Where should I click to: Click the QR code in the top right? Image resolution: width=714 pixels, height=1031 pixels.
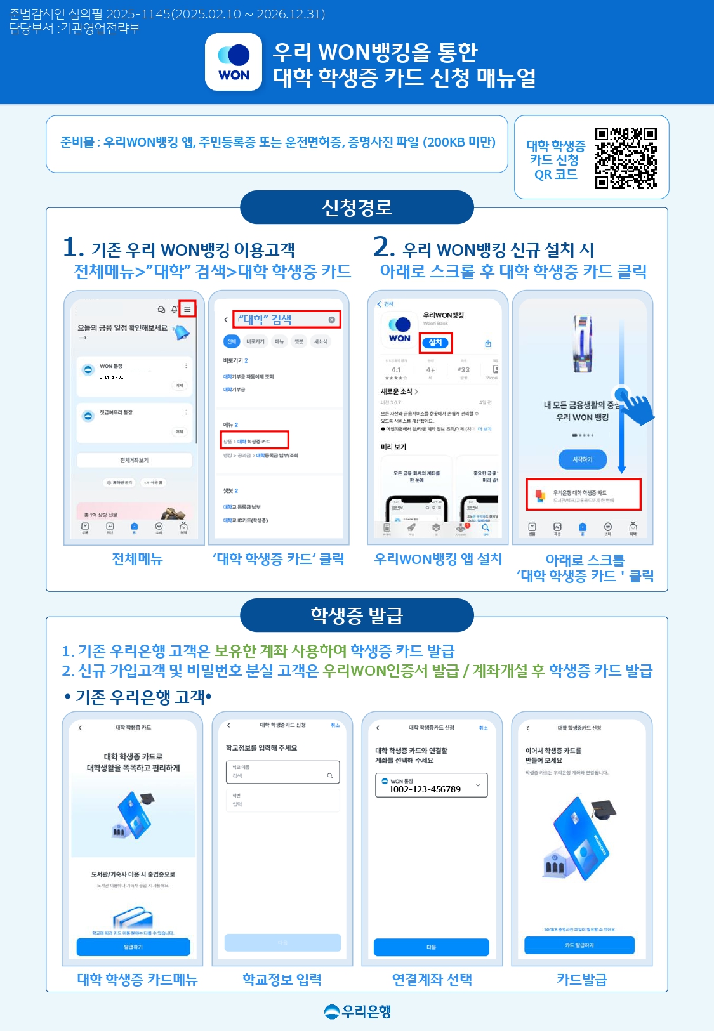coord(625,158)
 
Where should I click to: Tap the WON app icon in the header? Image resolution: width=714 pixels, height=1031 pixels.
coord(234,62)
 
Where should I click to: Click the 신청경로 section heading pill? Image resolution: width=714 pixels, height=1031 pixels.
coord(357,207)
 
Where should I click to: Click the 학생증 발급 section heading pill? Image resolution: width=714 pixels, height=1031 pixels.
coord(357,615)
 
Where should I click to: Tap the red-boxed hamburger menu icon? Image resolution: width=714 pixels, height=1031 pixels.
coord(187,309)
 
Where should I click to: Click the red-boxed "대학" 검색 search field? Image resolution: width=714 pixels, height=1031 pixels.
coord(286,319)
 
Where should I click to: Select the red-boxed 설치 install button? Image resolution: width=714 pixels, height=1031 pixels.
coord(435,343)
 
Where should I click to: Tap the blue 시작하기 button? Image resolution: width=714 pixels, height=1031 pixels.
coord(582,459)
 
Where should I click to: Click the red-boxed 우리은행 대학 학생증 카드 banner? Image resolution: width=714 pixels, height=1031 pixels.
coord(583,495)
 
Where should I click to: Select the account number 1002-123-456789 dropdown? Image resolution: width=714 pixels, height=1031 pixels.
coord(432,785)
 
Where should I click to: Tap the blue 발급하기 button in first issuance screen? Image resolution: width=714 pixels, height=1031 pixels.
coord(133,947)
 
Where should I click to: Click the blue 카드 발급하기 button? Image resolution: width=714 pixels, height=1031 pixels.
coord(579,945)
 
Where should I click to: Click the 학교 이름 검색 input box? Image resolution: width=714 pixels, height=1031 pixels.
coord(282,772)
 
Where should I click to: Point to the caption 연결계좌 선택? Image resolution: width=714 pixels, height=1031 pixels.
coord(432,979)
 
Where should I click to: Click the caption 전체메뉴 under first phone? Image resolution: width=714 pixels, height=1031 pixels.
coord(137,559)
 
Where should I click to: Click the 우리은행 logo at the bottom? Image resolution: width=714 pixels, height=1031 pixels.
coord(357,1011)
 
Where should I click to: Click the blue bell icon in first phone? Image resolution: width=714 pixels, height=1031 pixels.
coord(182,332)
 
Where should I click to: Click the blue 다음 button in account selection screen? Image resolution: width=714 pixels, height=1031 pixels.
coord(432,947)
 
